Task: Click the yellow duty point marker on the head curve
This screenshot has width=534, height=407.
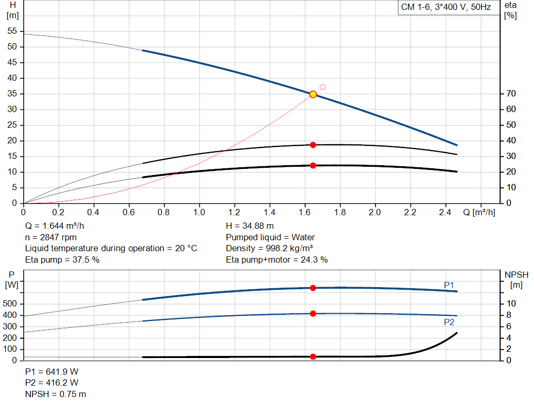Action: click(x=313, y=94)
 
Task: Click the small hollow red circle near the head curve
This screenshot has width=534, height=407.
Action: click(x=323, y=87)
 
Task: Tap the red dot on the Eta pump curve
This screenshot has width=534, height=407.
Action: click(x=313, y=145)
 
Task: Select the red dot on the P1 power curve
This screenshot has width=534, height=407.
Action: click(x=313, y=288)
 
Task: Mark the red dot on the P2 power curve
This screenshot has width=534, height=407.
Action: click(x=313, y=314)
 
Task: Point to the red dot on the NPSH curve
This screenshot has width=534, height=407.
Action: click(x=313, y=356)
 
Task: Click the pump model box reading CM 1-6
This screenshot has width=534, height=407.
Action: click(x=446, y=8)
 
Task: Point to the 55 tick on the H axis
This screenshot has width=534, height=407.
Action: click(x=13, y=31)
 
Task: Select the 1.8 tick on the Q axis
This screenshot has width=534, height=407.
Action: click(x=339, y=213)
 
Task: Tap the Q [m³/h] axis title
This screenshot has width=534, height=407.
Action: click(x=479, y=213)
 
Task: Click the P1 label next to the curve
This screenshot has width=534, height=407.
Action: click(x=449, y=285)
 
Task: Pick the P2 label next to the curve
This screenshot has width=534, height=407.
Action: click(x=449, y=322)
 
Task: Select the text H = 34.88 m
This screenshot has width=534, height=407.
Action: click(x=250, y=226)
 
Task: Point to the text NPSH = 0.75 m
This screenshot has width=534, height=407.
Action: click(x=56, y=394)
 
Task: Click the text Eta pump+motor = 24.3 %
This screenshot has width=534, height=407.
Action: click(x=277, y=260)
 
